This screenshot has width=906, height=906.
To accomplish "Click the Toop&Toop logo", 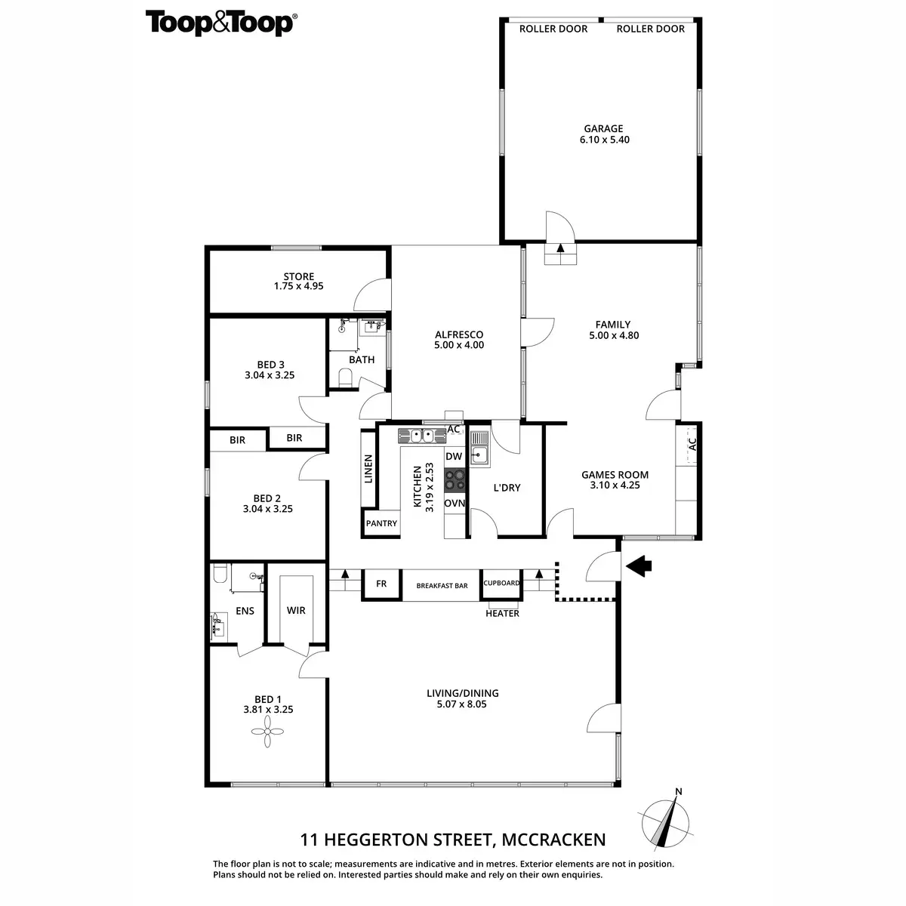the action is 219,23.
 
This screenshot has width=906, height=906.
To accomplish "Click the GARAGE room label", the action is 602,128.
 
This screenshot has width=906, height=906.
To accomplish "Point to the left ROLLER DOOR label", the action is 553,29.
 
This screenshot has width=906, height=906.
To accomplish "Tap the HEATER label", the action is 502,613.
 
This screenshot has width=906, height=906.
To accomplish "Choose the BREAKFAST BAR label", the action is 442,586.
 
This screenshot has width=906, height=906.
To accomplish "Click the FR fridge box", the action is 381,584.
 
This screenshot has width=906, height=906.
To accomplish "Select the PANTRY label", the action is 381,523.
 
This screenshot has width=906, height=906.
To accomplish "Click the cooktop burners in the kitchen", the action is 455,480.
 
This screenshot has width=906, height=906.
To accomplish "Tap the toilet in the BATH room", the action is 344,377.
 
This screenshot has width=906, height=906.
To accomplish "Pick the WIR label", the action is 296,610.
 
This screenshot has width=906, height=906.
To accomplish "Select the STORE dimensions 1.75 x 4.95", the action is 299,287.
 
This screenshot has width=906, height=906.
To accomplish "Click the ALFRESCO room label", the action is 458,335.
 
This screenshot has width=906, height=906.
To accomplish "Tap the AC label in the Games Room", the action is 691,445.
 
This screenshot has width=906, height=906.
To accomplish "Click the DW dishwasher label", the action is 454,457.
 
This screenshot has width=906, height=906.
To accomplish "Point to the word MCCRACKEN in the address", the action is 552,839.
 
